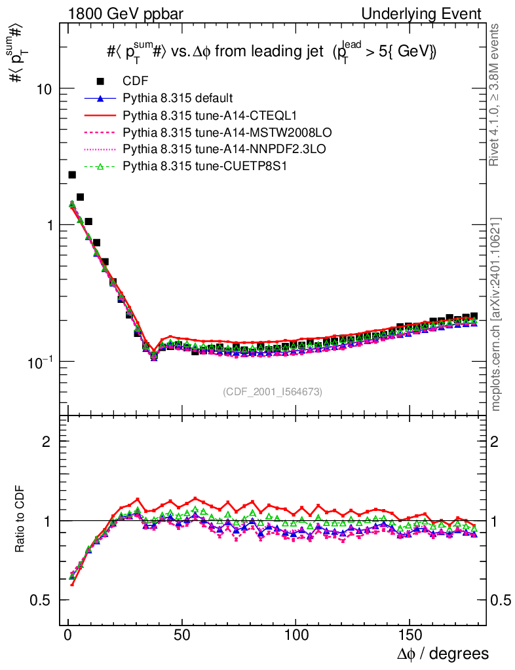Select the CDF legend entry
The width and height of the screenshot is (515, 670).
pos(135,81)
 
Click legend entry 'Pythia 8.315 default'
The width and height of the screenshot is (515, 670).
pos(178,98)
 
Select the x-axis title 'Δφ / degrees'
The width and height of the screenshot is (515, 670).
pos(443,654)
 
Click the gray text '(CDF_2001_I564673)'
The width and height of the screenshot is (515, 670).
pos(272,391)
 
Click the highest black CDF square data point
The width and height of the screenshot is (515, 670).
pos(72,175)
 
